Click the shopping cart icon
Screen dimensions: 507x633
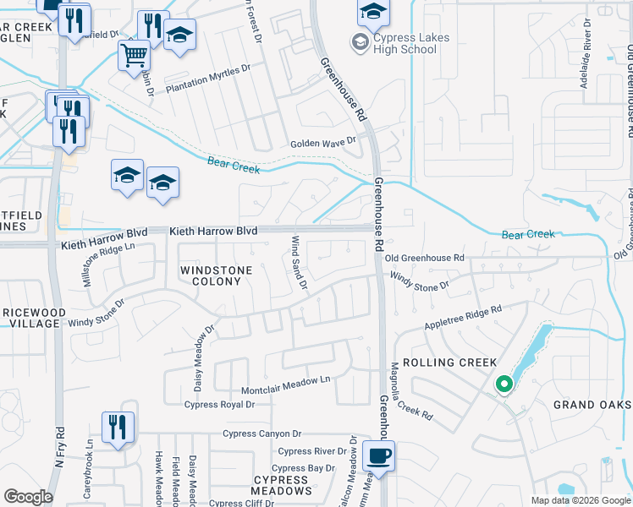[134, 57]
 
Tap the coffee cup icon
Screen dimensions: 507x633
[379, 456]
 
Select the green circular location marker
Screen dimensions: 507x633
[504, 385]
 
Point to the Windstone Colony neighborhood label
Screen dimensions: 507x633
[212, 275]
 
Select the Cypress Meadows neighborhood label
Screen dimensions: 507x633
[281, 485]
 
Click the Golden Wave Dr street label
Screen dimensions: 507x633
[318, 144]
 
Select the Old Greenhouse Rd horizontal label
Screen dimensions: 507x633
[426, 257]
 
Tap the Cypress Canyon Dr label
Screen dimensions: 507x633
[261, 434]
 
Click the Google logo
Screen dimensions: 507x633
[28, 497]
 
